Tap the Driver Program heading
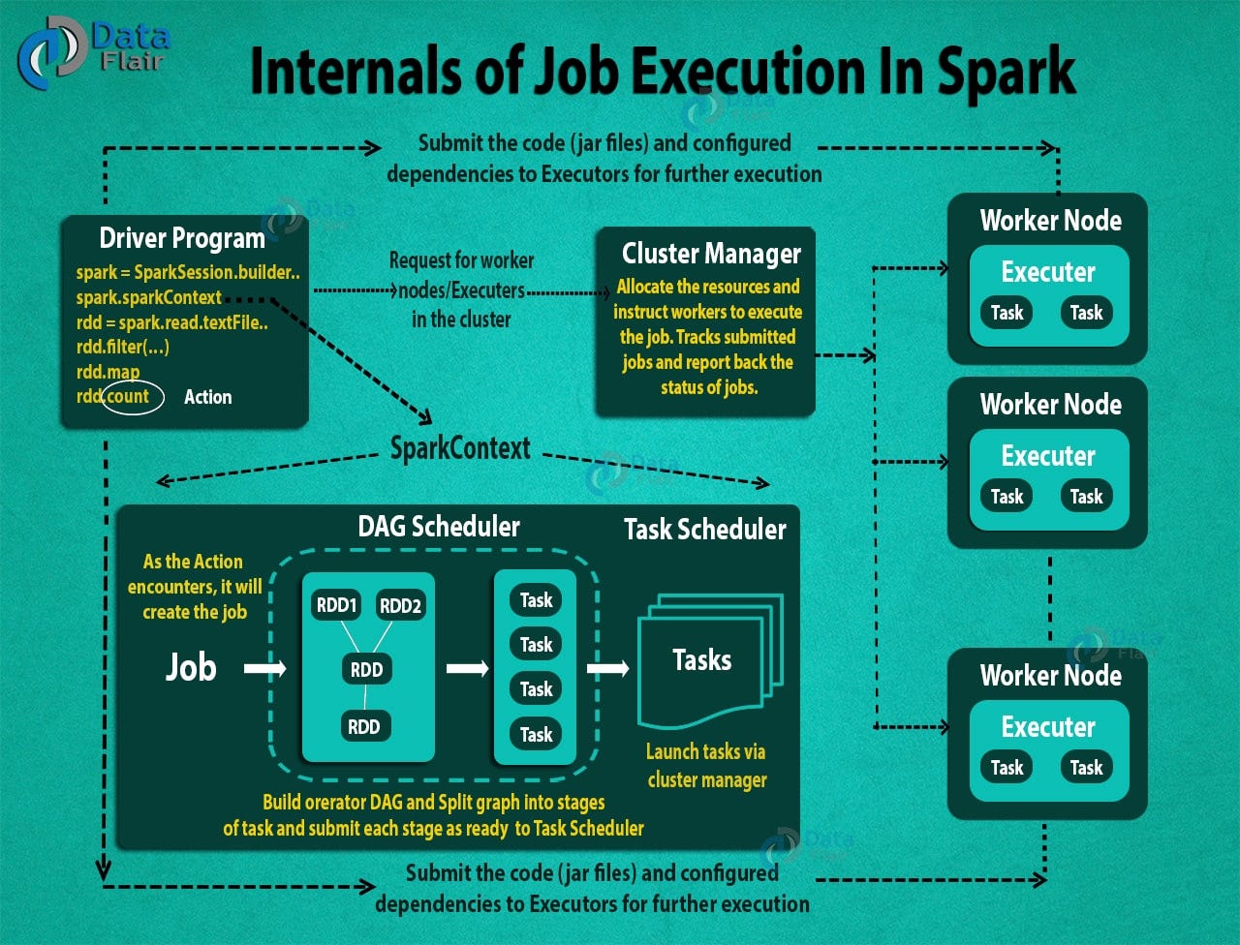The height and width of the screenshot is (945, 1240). [182, 238]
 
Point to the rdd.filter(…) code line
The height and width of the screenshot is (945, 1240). [123, 347]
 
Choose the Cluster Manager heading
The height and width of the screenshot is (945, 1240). [711, 254]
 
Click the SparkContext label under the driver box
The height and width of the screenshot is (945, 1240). [460, 448]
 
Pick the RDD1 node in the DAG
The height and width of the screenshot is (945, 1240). [336, 606]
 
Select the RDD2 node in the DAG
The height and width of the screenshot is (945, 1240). [400, 606]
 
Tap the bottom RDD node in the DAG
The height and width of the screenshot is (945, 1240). [364, 726]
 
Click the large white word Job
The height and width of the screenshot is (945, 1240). [190, 667]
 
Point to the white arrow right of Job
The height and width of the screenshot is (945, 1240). [264, 668]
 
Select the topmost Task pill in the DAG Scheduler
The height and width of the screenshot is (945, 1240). [536, 600]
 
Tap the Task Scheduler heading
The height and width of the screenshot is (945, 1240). [704, 530]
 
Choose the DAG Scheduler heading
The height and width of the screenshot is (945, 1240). [439, 527]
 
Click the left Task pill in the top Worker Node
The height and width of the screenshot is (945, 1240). [1007, 313]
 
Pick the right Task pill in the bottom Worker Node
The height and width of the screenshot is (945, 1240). [1086, 768]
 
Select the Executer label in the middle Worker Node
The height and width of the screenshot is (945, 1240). [1048, 456]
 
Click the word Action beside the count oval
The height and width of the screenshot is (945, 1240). [207, 397]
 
